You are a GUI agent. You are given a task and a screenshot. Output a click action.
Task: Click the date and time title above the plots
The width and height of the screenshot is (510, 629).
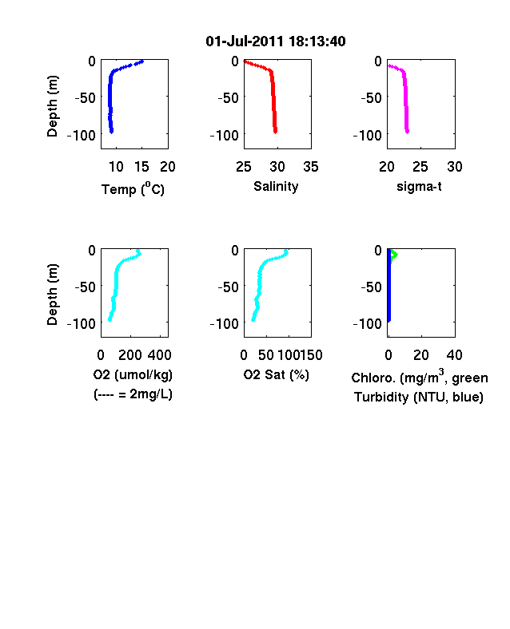(x=276, y=42)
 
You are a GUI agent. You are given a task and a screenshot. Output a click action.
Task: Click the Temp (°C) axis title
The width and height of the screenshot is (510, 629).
(x=133, y=188)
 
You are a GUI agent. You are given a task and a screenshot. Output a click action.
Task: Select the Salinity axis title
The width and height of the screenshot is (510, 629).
(x=276, y=187)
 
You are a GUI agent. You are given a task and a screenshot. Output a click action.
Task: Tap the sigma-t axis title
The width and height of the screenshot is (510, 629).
(x=419, y=187)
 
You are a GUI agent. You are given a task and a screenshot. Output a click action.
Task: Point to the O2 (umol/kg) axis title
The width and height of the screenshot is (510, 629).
(x=133, y=375)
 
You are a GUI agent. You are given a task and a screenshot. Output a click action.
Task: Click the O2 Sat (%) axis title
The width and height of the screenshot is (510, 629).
(x=277, y=375)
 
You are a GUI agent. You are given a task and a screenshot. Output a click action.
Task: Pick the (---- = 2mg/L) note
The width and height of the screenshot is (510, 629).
(x=133, y=394)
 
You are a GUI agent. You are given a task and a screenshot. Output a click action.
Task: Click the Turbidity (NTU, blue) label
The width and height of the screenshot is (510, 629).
(x=419, y=398)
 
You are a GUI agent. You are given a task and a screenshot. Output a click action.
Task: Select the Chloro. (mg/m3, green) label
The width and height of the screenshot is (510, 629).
(x=420, y=377)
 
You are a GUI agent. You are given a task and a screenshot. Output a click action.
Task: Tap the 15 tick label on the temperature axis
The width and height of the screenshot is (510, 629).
(x=141, y=167)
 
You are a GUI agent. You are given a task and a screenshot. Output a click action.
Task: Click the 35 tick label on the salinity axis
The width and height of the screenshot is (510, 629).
(x=311, y=167)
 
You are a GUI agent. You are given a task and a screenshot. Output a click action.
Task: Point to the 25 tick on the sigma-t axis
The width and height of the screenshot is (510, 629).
(x=420, y=167)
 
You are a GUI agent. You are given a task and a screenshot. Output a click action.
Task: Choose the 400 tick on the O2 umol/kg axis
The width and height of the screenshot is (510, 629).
(x=159, y=355)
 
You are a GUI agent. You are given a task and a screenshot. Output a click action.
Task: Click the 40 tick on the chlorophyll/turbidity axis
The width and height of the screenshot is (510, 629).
(x=454, y=355)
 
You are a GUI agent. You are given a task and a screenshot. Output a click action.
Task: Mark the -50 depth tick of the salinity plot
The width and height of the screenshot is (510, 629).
(x=228, y=98)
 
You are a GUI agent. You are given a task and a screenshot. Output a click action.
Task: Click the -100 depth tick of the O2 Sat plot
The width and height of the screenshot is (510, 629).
(x=224, y=324)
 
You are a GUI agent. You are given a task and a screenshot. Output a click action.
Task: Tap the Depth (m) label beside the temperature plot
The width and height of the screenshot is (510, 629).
(x=52, y=106)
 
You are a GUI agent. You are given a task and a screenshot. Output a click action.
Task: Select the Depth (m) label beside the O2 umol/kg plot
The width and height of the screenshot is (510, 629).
(x=52, y=295)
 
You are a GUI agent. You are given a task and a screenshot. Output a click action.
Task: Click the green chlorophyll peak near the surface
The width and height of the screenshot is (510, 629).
(x=396, y=255)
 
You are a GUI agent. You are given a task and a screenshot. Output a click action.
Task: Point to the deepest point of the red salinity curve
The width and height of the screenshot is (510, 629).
(x=276, y=132)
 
